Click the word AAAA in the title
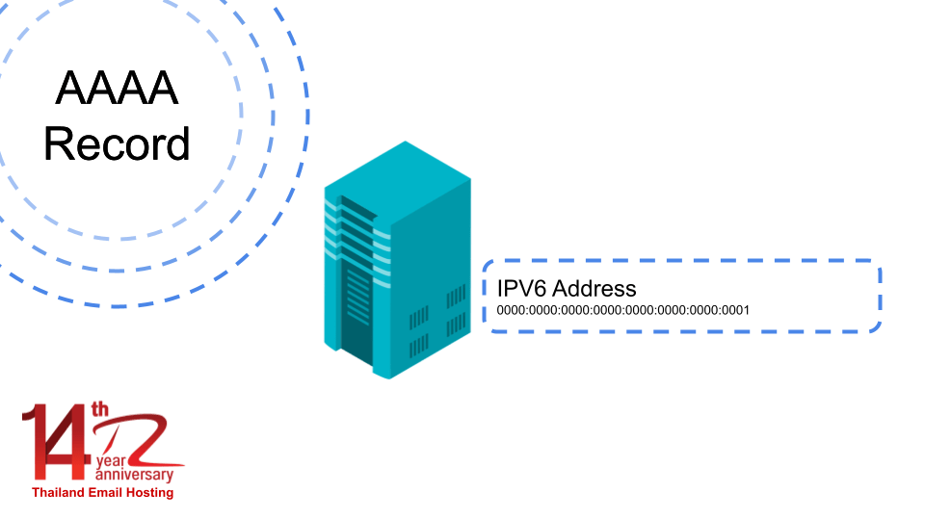pos(117,90)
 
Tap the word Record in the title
pos(117,144)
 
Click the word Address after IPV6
pos(595,288)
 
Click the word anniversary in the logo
pos(135,476)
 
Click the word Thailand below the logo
pos(59,492)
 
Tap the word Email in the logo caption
pos(110,492)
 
